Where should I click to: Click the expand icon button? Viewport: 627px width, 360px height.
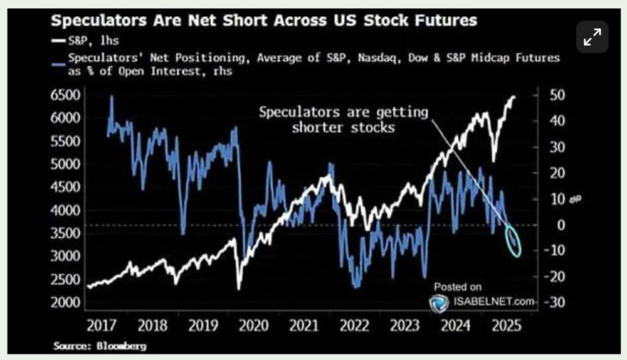(x=592, y=37)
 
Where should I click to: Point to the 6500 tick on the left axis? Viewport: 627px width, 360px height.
(x=65, y=95)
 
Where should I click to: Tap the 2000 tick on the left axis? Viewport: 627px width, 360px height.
(x=65, y=302)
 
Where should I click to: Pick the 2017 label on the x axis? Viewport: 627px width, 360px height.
(x=103, y=326)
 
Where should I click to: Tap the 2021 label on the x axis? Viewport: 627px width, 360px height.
(x=304, y=326)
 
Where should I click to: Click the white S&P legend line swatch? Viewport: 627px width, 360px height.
(x=58, y=43)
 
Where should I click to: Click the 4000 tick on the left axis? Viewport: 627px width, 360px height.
(x=65, y=210)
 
